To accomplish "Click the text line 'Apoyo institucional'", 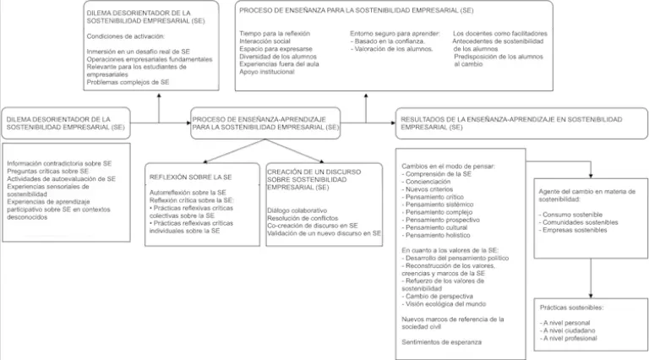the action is pyautogui.click(x=266, y=72).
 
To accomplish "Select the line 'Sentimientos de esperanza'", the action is pyautogui.click(x=441, y=342).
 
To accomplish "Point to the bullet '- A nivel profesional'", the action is pyautogui.click(x=568, y=339).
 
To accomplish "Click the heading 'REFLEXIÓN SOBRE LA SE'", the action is pyautogui.click(x=190, y=177).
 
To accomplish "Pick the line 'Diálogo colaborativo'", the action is pyautogui.click(x=297, y=210).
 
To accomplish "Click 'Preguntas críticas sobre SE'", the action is pyautogui.click(x=47, y=171).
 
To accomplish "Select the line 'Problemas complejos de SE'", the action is pyautogui.click(x=128, y=82).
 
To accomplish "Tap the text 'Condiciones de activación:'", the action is pyautogui.click(x=125, y=36).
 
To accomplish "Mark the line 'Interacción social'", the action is pyautogui.click(x=265, y=41).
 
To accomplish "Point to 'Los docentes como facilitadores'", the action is pyautogui.click(x=500, y=34).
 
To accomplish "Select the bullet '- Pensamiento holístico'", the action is pyautogui.click(x=436, y=235).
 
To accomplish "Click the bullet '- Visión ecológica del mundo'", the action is pyautogui.click(x=444, y=303).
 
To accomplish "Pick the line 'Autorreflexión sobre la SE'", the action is pyautogui.click(x=188, y=193).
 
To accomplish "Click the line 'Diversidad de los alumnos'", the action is pyautogui.click(x=278, y=57).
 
